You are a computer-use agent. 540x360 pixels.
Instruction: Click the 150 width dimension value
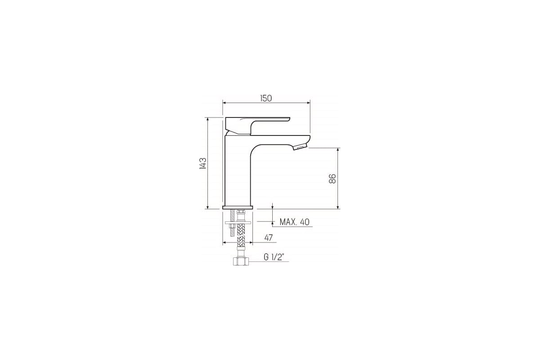(x=266, y=99)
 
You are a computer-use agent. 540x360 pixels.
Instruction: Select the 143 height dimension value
(x=203, y=163)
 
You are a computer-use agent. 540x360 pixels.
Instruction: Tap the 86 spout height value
(x=332, y=179)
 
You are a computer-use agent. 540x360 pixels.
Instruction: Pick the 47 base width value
(x=268, y=238)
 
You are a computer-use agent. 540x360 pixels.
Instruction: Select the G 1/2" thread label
(x=273, y=257)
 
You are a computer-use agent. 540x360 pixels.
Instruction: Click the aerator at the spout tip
(x=300, y=146)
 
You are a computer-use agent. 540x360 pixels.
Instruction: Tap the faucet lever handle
(x=257, y=126)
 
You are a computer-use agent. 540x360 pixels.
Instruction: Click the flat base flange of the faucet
(x=238, y=207)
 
